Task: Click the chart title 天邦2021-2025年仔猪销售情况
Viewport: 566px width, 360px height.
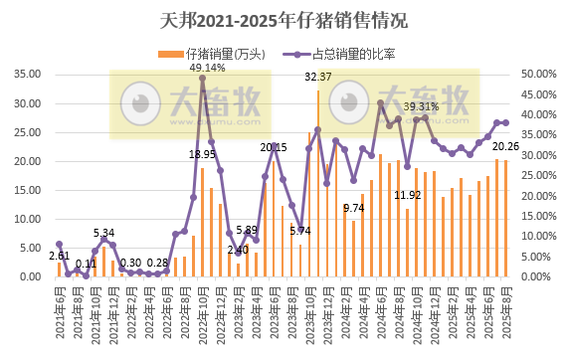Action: coord(283,20)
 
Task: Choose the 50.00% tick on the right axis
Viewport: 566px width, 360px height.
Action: coord(537,74)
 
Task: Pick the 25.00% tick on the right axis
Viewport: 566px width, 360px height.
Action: coord(537,175)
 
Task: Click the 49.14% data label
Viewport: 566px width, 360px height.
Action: coord(207,68)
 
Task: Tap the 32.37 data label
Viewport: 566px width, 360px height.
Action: coord(318,77)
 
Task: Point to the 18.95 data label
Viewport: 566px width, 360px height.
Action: coord(202,154)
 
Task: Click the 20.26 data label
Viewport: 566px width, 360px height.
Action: coord(506,147)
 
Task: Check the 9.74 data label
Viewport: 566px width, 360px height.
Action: coord(353,208)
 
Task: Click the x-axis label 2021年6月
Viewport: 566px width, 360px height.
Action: coord(58,308)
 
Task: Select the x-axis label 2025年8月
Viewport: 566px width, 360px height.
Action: coord(505,308)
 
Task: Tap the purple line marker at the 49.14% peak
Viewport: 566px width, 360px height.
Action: coord(203,78)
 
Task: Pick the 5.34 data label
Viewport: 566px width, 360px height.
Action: coord(103,233)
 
